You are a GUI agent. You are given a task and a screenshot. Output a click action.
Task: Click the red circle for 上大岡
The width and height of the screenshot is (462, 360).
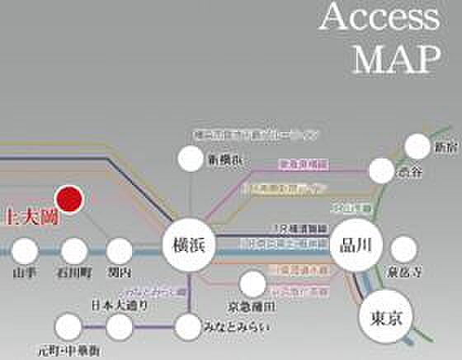(69, 199)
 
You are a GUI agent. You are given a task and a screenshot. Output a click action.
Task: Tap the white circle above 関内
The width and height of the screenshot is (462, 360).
(120, 249)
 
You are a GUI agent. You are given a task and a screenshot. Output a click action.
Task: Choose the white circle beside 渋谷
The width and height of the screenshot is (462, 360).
(381, 170)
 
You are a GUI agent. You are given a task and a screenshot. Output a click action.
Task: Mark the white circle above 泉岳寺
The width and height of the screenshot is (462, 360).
(404, 248)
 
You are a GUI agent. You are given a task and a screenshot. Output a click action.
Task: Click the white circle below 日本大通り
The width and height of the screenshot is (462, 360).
(120, 326)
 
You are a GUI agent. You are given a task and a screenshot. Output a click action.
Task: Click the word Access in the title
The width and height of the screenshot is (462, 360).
(379, 18)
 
